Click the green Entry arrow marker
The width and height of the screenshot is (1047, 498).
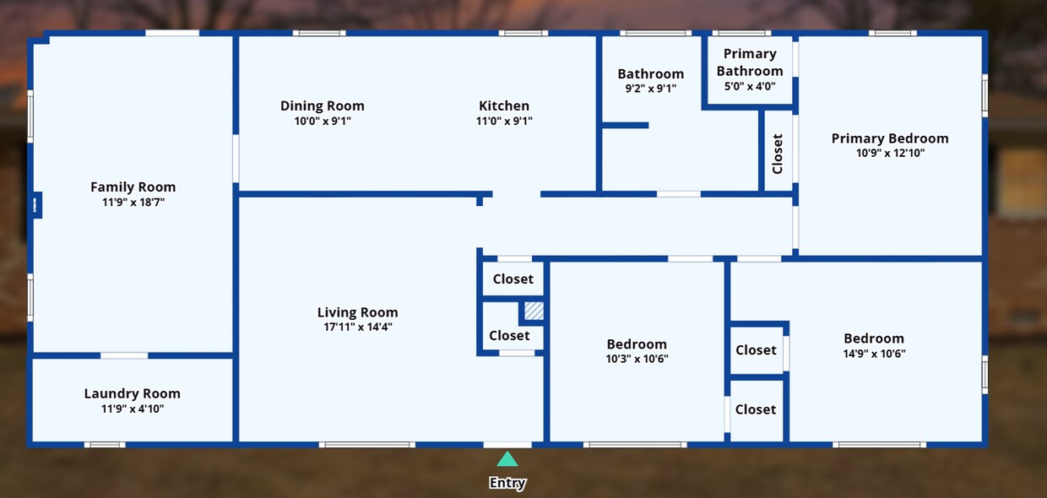(x=507, y=459)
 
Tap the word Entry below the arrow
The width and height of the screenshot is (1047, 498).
(x=507, y=484)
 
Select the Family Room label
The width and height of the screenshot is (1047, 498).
(x=133, y=187)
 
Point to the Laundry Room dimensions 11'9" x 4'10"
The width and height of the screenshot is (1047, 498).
(x=133, y=409)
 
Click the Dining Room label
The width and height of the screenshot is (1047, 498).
(x=323, y=106)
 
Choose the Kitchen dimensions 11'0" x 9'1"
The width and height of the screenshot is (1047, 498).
(x=504, y=122)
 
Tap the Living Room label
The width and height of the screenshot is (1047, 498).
(x=357, y=312)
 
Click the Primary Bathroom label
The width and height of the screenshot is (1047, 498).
(x=750, y=62)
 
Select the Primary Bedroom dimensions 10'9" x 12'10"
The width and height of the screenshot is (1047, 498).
(x=890, y=154)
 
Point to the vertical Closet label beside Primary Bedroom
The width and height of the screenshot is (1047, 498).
(x=778, y=154)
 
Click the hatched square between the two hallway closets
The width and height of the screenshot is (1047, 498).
(x=534, y=311)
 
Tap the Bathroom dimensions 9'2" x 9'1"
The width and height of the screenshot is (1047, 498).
(x=650, y=89)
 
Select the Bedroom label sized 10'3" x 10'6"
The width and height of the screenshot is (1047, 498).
(x=637, y=344)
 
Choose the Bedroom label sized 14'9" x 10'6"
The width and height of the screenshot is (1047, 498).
(x=874, y=338)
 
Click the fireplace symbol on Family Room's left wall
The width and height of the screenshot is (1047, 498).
(x=36, y=205)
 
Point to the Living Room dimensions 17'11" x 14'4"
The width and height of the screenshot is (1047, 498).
(x=357, y=327)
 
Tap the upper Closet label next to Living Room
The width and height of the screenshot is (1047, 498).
(x=513, y=279)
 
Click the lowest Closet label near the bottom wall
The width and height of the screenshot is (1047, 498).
(x=755, y=409)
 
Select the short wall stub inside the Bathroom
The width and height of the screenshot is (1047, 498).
(x=625, y=126)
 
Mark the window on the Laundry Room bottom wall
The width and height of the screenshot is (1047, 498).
(x=105, y=444)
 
